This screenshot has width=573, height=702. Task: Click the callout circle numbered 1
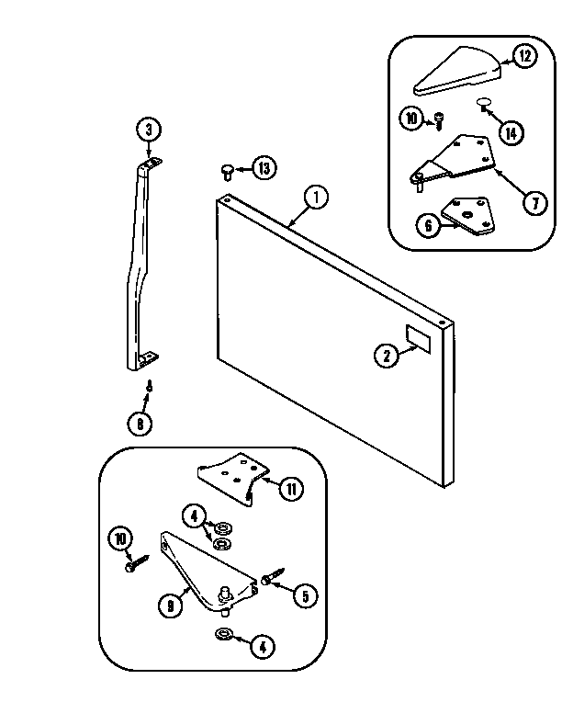[x=316, y=196]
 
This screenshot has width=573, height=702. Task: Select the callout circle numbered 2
[x=387, y=356]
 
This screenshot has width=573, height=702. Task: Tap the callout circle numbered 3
[x=149, y=130]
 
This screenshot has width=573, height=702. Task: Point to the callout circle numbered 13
[x=264, y=168]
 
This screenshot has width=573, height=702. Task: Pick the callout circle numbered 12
[x=524, y=57]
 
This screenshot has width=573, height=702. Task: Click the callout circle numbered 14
[x=511, y=132]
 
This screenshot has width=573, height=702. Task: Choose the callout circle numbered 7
[x=534, y=203]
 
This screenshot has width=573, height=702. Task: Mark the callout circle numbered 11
[x=290, y=489]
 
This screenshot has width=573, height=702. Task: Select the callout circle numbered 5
[x=305, y=595]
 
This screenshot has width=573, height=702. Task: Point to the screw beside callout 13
[x=227, y=169]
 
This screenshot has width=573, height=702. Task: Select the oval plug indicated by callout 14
[x=484, y=101]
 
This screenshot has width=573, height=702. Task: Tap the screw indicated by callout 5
[x=268, y=580]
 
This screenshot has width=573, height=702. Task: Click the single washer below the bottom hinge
[x=222, y=636]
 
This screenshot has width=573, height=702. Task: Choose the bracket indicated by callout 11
[x=230, y=474]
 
